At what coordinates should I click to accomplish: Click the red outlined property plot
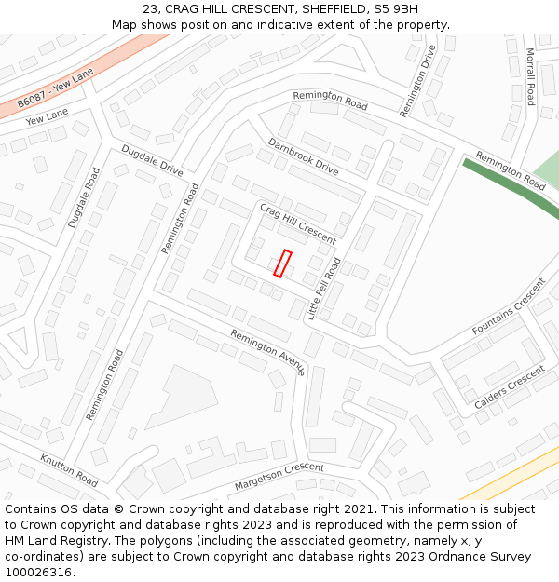point(283,264)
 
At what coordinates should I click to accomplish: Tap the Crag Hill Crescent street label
point(297,223)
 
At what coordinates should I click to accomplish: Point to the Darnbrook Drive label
point(303,156)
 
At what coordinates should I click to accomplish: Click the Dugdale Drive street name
point(152,160)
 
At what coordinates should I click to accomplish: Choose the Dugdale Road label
point(84,198)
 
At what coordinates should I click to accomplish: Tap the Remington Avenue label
point(267,351)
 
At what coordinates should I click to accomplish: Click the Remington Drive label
point(417,81)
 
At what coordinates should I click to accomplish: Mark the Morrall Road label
point(529,76)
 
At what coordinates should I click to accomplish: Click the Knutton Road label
point(69,470)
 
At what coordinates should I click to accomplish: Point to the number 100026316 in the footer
point(38,572)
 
